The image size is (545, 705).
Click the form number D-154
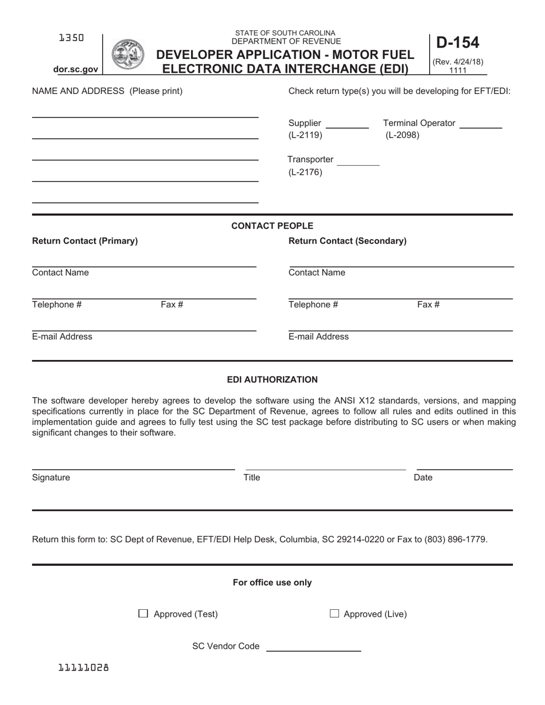[457, 43]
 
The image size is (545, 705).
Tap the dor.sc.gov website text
[76, 69]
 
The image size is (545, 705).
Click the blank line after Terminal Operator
[481, 127]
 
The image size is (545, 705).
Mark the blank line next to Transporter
[358, 164]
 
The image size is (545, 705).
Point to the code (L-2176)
[305, 172]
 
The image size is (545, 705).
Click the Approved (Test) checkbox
[143, 614]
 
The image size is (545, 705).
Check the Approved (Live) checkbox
[334, 614]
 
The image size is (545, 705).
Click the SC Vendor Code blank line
[313, 651]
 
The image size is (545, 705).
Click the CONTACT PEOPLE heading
[272, 226]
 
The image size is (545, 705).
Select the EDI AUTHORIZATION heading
[272, 379]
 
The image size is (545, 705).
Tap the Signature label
[51, 477]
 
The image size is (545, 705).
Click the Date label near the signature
[423, 477]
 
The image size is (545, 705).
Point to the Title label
[252, 477]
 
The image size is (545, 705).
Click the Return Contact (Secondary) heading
[347, 241]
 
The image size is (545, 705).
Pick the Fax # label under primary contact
[172, 304]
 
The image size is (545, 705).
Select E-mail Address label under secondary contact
[318, 336]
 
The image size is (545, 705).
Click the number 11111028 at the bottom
[84, 667]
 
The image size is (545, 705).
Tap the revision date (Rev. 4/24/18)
[458, 62]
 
